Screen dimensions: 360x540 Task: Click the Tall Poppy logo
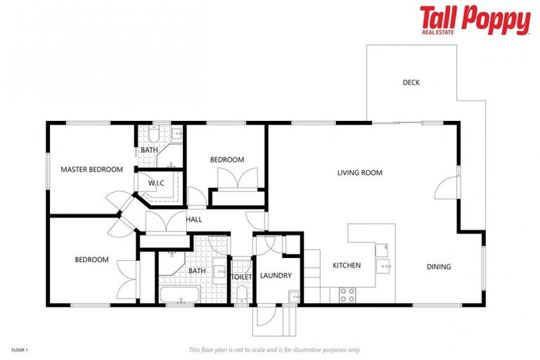click(475, 20)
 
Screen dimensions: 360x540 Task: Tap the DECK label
click(411, 82)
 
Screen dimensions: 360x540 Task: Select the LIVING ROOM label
click(359, 172)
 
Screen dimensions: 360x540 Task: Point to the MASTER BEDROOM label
click(91, 169)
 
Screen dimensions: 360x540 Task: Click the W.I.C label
click(155, 184)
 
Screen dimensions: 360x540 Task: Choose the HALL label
click(194, 219)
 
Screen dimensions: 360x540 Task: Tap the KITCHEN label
click(347, 265)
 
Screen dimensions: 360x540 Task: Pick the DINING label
click(439, 266)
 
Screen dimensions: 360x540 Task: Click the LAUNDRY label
click(276, 275)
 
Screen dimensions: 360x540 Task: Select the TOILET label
click(241, 276)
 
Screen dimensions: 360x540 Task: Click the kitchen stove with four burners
click(347, 295)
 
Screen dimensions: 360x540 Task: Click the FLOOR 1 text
click(19, 349)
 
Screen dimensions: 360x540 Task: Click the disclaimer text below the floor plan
click(274, 349)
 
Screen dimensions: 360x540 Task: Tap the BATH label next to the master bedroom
click(149, 150)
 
